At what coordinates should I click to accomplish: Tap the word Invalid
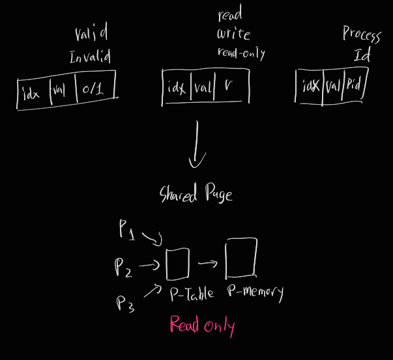click(90, 57)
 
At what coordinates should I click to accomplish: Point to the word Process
click(361, 35)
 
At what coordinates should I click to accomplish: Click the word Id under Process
click(362, 55)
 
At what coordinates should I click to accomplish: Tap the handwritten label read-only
click(241, 53)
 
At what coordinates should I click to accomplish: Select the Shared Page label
click(196, 194)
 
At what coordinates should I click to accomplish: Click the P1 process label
click(127, 229)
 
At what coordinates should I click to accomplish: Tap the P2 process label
click(124, 267)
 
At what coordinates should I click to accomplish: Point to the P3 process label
click(126, 302)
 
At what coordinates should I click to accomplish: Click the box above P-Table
click(178, 263)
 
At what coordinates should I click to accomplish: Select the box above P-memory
click(240, 258)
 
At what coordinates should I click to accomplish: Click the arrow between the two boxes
click(207, 264)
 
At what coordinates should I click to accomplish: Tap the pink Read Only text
click(202, 324)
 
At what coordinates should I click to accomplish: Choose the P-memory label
click(255, 292)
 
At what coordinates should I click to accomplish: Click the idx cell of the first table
click(31, 94)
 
